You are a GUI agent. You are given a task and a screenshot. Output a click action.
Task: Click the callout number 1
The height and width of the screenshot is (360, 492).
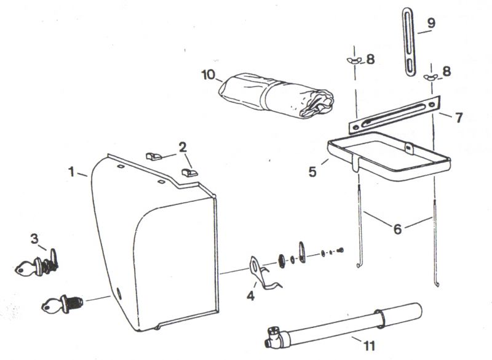point(72,172)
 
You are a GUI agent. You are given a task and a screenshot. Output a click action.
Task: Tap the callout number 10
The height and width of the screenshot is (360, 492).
point(208,74)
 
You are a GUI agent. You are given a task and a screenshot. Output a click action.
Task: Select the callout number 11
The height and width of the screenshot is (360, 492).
point(370,346)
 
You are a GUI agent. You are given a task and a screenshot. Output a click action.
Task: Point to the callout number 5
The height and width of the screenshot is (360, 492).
point(312,172)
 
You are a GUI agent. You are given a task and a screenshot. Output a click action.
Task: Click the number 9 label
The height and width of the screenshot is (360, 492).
point(431,23)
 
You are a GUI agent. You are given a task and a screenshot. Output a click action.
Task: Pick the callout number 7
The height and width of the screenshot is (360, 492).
point(459,118)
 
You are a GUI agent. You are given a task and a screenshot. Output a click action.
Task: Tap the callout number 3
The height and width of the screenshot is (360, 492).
point(34,239)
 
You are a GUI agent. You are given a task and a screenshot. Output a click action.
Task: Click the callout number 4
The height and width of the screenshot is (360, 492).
point(250,295)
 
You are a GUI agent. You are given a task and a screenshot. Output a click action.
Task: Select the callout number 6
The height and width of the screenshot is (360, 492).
point(397,229)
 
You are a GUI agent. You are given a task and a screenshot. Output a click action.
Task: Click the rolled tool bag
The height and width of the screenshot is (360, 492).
point(276,95)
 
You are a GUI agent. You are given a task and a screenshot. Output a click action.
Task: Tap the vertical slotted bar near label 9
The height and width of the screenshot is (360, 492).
point(409,42)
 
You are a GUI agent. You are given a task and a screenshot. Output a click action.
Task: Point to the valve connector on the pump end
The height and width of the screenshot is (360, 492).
point(274,337)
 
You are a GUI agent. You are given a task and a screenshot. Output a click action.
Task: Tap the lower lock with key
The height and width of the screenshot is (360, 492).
point(62,304)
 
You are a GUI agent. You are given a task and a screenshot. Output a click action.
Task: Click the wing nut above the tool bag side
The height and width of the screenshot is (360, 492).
point(354,60)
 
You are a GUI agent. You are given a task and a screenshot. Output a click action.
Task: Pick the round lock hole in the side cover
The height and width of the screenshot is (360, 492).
point(119,294)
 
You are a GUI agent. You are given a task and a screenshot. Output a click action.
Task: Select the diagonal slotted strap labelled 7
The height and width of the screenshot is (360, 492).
point(395,114)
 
